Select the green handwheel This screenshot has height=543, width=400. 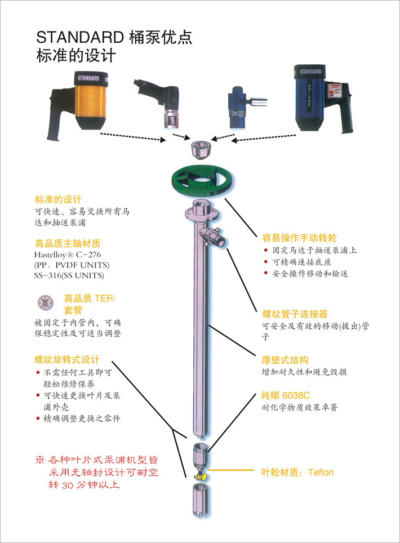click(202, 181)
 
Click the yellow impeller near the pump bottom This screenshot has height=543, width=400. click(200, 477)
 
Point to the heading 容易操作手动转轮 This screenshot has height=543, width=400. click(299, 238)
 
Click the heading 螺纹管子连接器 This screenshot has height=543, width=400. click(295, 314)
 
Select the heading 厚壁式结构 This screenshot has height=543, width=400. click(285, 360)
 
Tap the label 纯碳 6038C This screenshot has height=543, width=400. click(286, 395)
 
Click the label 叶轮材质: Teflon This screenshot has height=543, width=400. click(297, 472)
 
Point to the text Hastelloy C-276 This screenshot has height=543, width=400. click(68, 255)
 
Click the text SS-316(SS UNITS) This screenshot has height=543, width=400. click(69, 275)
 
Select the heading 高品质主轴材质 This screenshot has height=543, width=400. click(68, 243)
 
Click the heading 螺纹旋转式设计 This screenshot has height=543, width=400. click(67, 359)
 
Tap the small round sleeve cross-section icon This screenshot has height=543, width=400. click(46, 302)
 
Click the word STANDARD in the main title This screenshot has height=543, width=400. click(80, 37)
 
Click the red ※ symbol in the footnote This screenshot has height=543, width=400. click(40, 460)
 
